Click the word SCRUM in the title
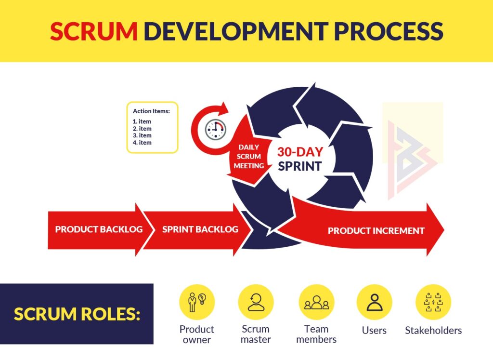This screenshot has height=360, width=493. click(94, 31)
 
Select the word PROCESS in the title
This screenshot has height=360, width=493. click(388, 31)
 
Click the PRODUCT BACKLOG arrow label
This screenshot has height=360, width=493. click(99, 229)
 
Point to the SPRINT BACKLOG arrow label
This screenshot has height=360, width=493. click(200, 229)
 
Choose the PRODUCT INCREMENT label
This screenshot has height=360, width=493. click(376, 231)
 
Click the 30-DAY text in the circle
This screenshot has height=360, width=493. click(300, 152)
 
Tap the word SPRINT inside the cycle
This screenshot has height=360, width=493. click(300, 167)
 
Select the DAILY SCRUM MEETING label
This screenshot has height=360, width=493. click(249, 156)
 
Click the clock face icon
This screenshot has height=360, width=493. click(215, 129)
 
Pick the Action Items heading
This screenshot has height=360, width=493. click(152, 111)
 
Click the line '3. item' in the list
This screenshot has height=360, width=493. click(142, 135)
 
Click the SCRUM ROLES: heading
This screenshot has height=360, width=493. click(77, 314)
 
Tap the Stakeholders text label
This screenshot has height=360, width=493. click(433, 331)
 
